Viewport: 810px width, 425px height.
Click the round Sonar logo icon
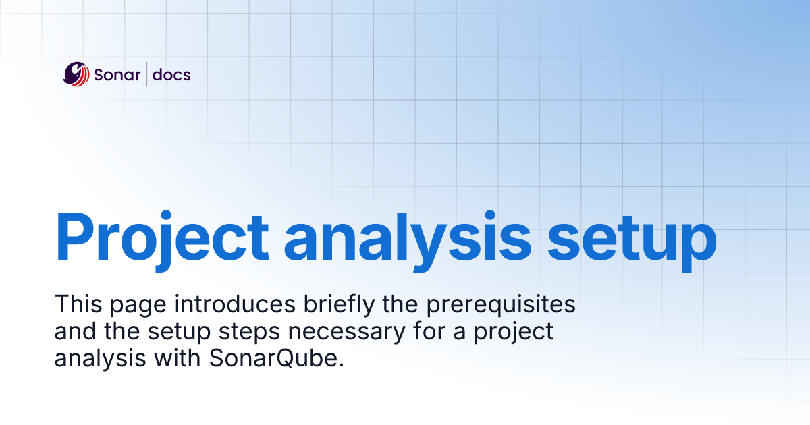[x=76, y=74]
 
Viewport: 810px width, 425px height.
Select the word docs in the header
[x=171, y=74]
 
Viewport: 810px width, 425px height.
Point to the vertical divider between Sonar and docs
[x=147, y=74]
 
